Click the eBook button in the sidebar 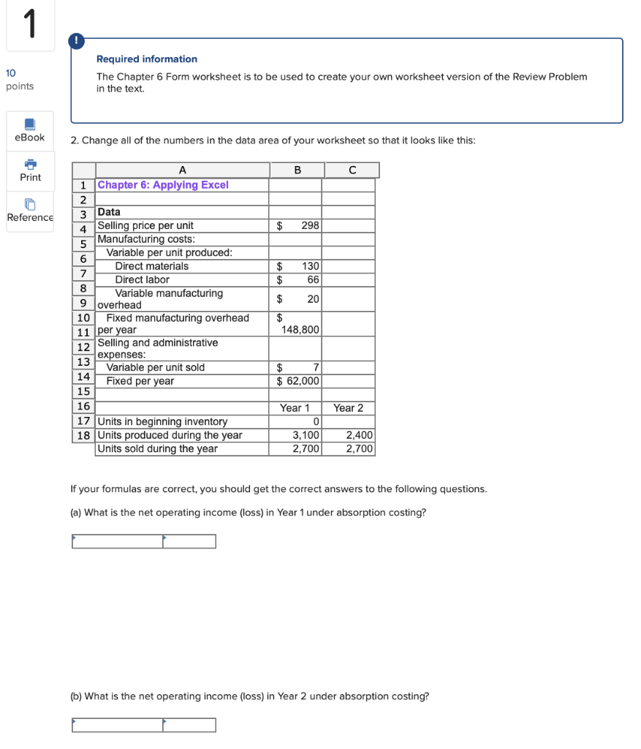30,130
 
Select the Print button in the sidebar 30,170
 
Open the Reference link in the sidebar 30,211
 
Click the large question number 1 29,25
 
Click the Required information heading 147,59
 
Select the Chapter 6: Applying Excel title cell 163,184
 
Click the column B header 297,170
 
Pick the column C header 352,170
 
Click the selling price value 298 310,225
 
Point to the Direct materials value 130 311,266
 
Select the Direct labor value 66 313,279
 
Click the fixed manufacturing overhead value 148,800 300,330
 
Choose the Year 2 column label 348,407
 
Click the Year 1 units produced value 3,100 306,435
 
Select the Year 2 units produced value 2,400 359,435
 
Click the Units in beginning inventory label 162,421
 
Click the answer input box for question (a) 117,541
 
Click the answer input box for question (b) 117,725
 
